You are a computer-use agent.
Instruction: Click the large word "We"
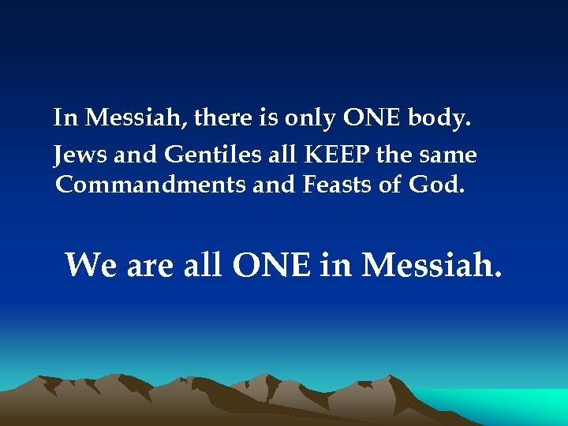[x=91, y=265]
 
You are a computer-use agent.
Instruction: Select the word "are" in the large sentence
[x=150, y=267]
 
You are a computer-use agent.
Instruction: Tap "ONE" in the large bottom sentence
[x=272, y=265]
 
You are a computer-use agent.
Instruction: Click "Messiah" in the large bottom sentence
[x=430, y=265]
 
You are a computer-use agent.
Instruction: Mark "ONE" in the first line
[x=372, y=118]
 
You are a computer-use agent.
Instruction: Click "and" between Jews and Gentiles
[x=136, y=155]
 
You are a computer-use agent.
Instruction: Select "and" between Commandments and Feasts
[x=271, y=185]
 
